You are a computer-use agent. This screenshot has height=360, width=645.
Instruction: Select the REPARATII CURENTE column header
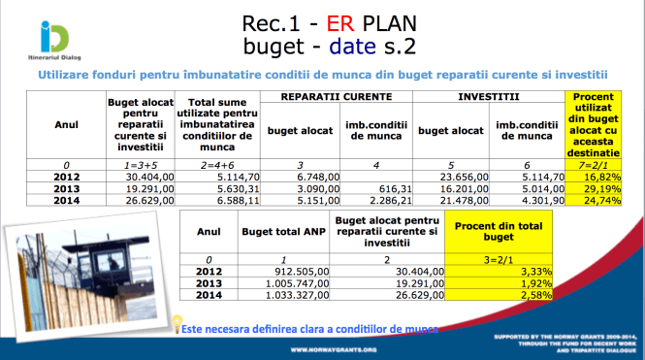point(338,98)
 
